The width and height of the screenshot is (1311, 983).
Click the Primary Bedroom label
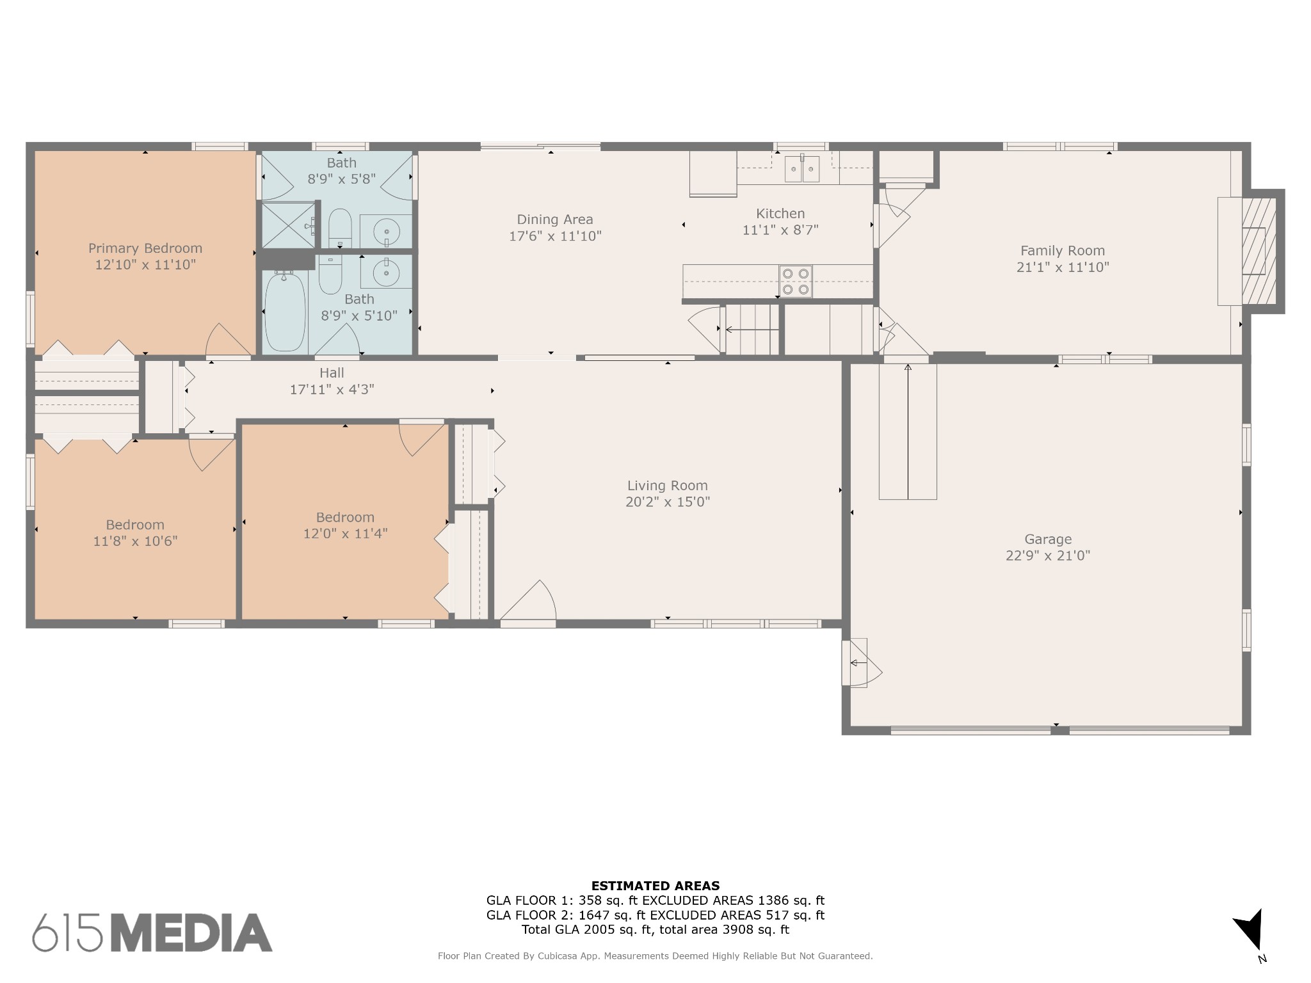(x=145, y=248)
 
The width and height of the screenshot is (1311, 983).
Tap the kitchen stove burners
(x=795, y=282)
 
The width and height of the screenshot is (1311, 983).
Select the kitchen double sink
(x=802, y=169)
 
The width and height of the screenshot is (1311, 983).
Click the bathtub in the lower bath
(x=285, y=312)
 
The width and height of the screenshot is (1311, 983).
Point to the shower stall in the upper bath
(x=288, y=225)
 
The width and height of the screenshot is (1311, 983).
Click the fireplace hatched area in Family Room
(x=1259, y=251)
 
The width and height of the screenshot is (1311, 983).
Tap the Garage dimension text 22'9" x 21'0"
(x=1048, y=555)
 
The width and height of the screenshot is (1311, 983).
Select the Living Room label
(x=668, y=486)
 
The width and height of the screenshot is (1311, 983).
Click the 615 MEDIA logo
(x=152, y=932)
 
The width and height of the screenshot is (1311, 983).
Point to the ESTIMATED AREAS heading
(x=655, y=886)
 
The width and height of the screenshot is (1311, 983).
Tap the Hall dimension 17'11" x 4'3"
(x=332, y=389)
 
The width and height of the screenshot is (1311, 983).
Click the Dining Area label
(x=555, y=220)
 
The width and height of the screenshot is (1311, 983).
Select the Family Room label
(x=1063, y=251)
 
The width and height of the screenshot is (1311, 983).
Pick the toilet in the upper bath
(x=340, y=228)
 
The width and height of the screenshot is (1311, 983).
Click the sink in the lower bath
(x=386, y=273)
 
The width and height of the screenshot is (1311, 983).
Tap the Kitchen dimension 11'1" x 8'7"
(x=780, y=230)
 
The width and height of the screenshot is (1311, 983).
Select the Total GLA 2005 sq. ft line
(x=655, y=930)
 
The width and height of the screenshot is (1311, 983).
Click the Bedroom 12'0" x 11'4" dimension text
(x=346, y=534)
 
